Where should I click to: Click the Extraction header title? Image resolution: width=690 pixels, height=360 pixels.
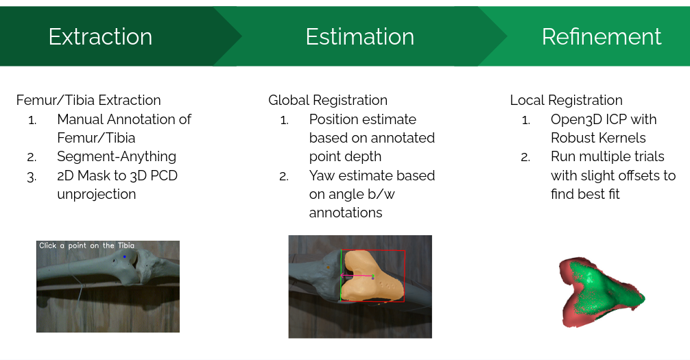coord(100,36)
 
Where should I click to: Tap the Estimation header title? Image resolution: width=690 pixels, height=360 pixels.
coord(360,36)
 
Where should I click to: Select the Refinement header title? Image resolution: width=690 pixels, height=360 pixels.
coord(602,36)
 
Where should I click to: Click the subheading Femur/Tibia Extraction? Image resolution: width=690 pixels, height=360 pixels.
coord(88,100)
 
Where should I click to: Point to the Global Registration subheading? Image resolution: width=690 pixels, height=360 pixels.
coord(328,100)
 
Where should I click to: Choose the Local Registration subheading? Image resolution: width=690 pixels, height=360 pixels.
coord(567,100)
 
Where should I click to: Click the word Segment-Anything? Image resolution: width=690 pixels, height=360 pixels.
coord(117,156)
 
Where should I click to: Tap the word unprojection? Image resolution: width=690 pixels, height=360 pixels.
coord(97,194)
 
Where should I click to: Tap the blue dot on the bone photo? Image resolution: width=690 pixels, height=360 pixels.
coord(125,256)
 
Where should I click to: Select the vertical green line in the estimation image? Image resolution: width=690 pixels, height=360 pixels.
coord(341,276)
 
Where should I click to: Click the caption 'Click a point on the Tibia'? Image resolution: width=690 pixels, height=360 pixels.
coord(86,245)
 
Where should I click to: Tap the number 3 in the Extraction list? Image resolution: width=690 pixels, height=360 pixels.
coord(32,176)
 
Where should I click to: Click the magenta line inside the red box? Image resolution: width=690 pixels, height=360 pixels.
coord(357,276)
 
